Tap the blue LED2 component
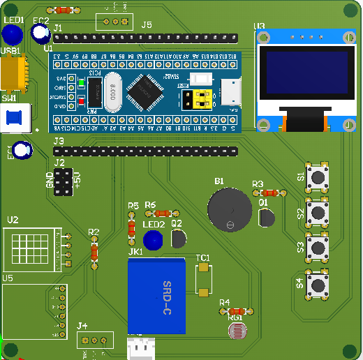point(153,239)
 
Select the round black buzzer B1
point(229,209)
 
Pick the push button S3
point(319,247)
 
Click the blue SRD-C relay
point(156,296)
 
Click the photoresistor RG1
point(237,331)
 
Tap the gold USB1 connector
point(14,73)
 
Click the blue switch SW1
point(15,118)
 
